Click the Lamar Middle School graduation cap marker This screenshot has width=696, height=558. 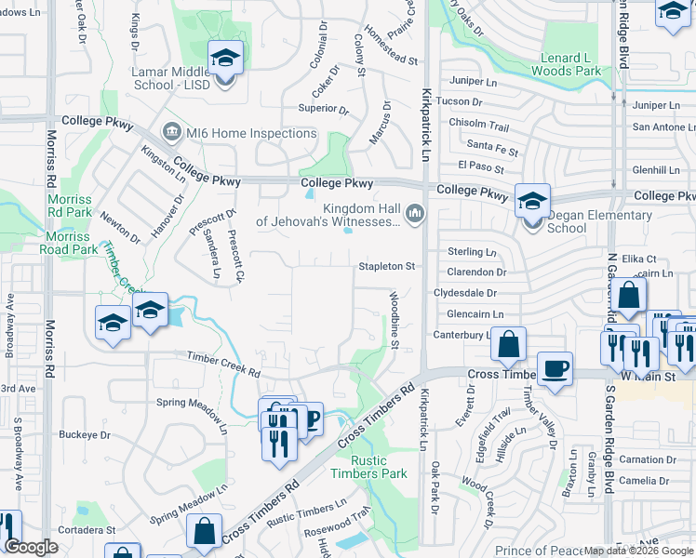pyautogui.click(x=225, y=60)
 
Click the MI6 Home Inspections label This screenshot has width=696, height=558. pyautogui.click(x=250, y=133)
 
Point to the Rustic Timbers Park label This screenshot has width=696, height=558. pyautogui.click(x=368, y=467)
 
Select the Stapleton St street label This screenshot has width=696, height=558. pyautogui.click(x=387, y=267)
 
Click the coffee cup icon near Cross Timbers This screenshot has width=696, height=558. pyautogui.click(x=555, y=369)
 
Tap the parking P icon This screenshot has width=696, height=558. pyautogui.click(x=310, y=418)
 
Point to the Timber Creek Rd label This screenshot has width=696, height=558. pyautogui.click(x=223, y=365)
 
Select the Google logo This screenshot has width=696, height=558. pyautogui.click(x=31, y=547)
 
